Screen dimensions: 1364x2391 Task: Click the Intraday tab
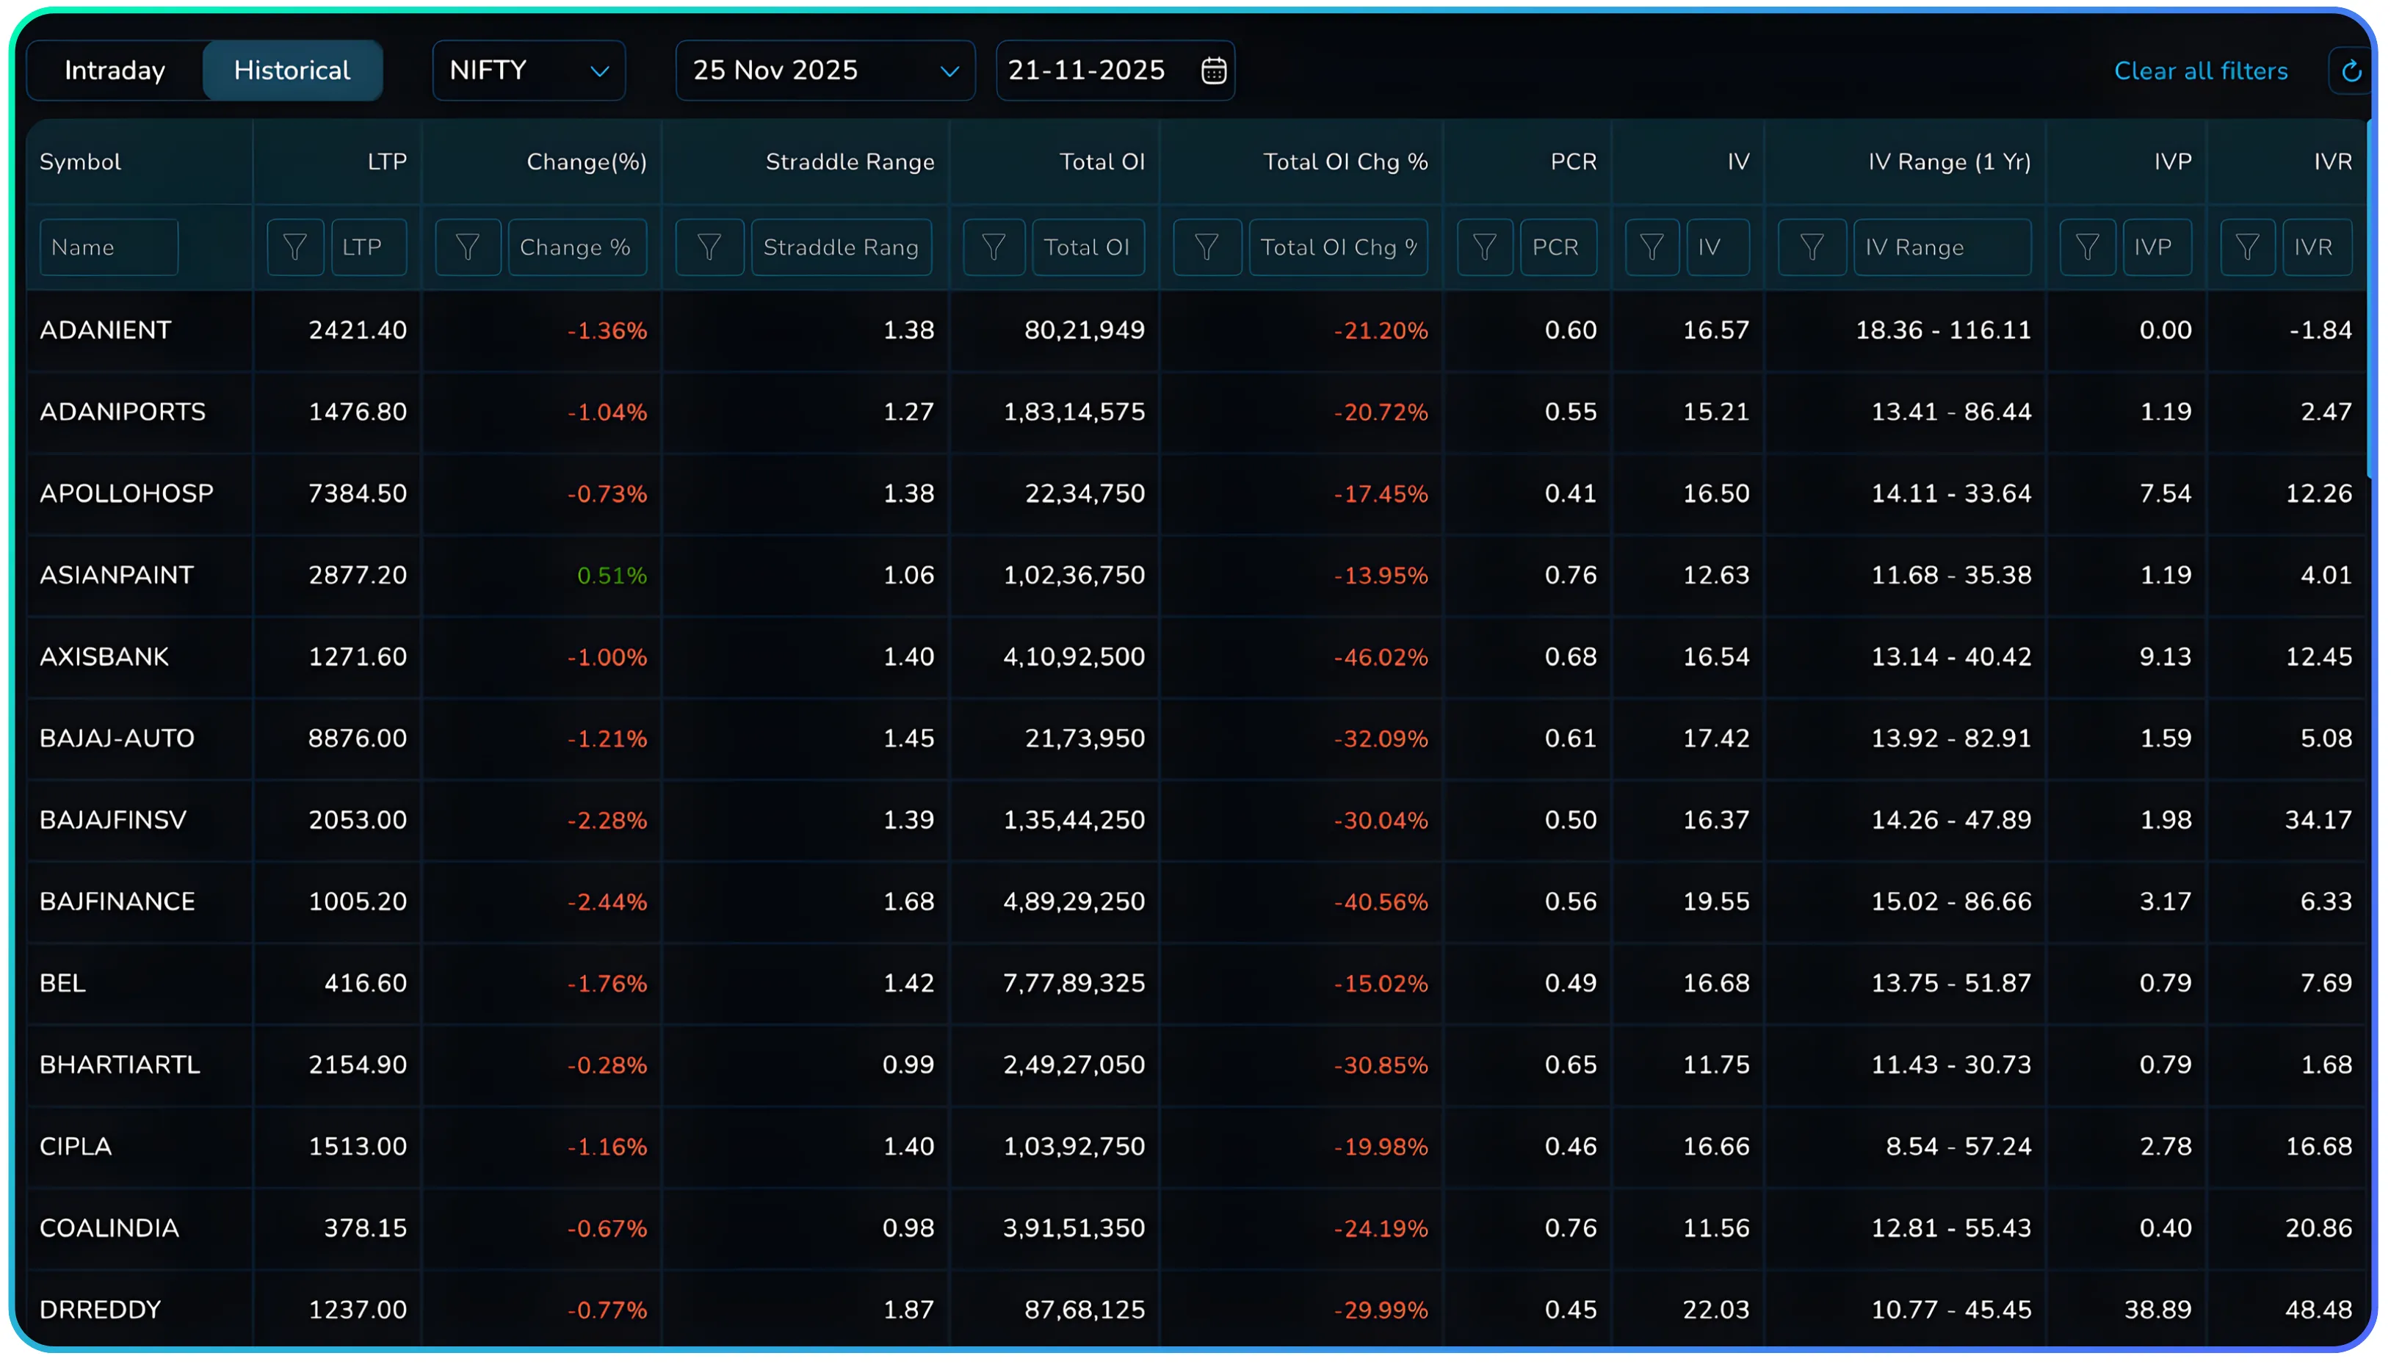click(115, 70)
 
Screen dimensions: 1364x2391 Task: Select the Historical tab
click(292, 70)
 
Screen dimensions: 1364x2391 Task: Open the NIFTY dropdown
click(529, 70)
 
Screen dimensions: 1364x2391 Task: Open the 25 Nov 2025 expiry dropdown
click(825, 70)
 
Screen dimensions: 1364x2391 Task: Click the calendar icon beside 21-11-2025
click(1213, 70)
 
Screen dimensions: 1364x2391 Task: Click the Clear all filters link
click(2200, 71)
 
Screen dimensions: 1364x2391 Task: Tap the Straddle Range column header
click(849, 162)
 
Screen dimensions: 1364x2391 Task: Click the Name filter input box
click(109, 247)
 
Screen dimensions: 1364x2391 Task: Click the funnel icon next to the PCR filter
click(1484, 247)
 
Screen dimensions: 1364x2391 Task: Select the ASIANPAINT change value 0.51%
click(611, 576)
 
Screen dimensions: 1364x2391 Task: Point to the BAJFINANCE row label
click(117, 902)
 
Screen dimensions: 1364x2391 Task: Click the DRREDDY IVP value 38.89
click(2157, 1310)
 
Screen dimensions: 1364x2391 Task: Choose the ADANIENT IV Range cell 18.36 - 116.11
click(1942, 330)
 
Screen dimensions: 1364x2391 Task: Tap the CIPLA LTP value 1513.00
click(357, 1147)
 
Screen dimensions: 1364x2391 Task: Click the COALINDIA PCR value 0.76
click(1569, 1228)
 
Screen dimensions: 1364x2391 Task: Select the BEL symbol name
click(62, 983)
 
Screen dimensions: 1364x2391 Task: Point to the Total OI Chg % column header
click(1345, 162)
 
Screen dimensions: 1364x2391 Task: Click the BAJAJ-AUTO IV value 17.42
click(1715, 739)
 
